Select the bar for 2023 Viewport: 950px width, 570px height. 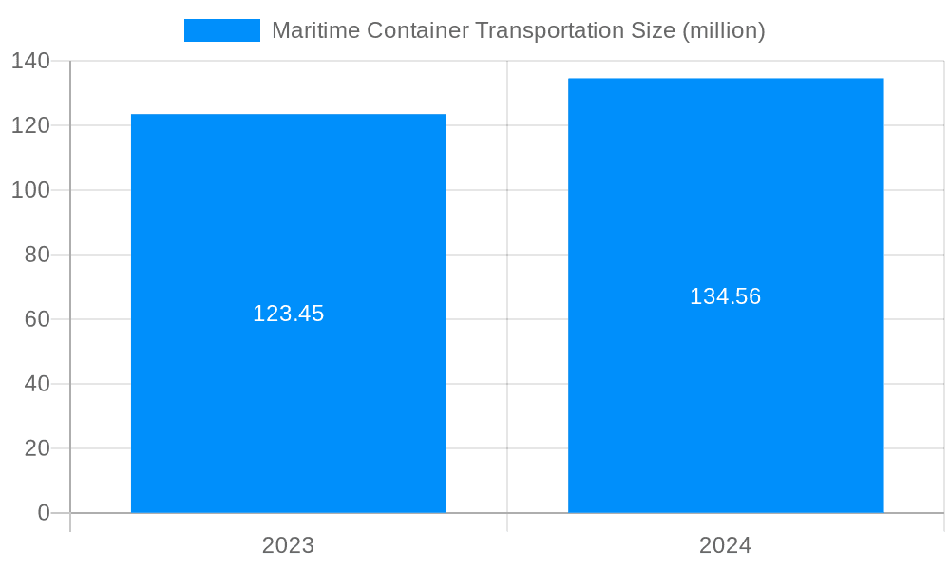[x=288, y=399]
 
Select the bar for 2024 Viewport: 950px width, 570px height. [x=725, y=399]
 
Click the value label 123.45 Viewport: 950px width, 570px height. [x=288, y=313]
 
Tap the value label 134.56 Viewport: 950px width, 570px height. [x=725, y=296]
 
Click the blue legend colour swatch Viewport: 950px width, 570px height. [x=221, y=30]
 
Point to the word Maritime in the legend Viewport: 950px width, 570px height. [x=309, y=30]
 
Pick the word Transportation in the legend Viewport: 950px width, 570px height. [x=547, y=30]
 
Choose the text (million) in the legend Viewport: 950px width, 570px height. [x=724, y=30]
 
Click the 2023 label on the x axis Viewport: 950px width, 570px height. [x=288, y=546]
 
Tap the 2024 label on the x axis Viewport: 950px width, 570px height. [x=725, y=546]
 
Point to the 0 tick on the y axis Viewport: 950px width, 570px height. [x=44, y=513]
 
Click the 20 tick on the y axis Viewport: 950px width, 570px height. [x=37, y=448]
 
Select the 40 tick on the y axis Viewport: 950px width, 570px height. [x=37, y=384]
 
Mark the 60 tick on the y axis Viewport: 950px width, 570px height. [x=37, y=319]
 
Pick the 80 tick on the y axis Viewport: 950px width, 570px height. [x=37, y=255]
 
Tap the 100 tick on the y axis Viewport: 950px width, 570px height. [x=30, y=190]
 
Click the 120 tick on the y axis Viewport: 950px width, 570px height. [x=30, y=125]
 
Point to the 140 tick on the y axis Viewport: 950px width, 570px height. [x=30, y=62]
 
